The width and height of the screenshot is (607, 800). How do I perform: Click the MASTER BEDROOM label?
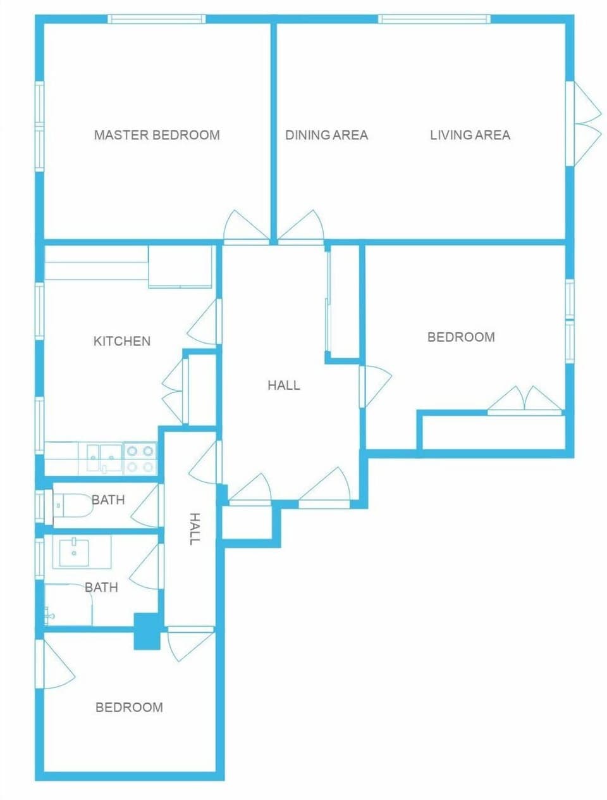[157, 135]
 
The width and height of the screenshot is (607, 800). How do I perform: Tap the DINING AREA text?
[326, 135]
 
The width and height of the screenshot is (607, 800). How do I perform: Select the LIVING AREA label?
[470, 135]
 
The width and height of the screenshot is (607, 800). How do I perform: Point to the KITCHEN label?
[122, 341]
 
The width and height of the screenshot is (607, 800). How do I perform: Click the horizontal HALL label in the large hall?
[283, 385]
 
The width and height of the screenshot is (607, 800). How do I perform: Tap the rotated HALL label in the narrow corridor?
[195, 528]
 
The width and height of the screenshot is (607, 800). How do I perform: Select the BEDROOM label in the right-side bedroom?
[461, 337]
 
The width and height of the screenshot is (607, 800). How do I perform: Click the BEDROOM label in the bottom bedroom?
[129, 707]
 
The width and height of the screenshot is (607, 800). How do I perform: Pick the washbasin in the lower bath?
[75, 552]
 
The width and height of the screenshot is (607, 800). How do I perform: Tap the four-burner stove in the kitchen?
[140, 459]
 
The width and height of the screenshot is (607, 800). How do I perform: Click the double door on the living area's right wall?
[587, 123]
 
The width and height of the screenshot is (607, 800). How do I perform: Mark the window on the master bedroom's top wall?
[156, 19]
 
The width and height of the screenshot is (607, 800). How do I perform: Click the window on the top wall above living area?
[434, 19]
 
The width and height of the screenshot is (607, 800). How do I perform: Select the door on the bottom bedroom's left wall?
[56, 665]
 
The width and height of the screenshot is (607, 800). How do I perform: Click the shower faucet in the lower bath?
[49, 614]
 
